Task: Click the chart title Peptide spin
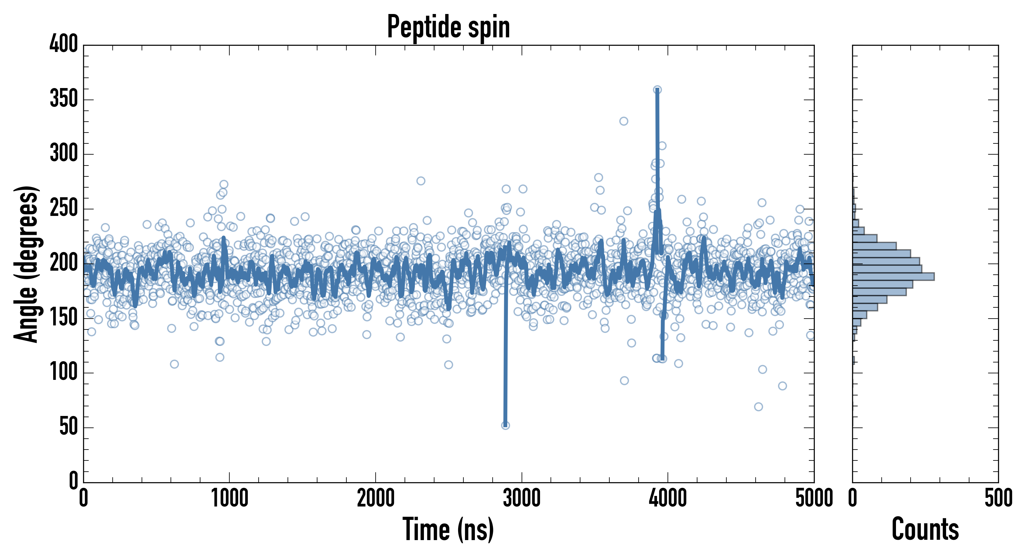tap(448, 27)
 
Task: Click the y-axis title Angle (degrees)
tap(26, 264)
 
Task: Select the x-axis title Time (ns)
tap(448, 529)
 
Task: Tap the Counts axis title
tap(925, 529)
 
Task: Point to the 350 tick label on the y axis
tap(64, 99)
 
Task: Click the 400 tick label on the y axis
tap(64, 44)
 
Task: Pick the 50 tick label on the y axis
tap(68, 427)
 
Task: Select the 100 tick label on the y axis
tap(64, 373)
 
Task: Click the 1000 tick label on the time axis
tap(230, 498)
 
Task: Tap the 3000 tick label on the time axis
tap(522, 498)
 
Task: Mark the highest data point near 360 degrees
tap(657, 90)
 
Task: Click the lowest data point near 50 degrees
tap(505, 425)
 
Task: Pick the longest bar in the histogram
tap(893, 277)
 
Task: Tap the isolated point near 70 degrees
tap(758, 407)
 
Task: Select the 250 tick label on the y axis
tap(64, 208)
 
